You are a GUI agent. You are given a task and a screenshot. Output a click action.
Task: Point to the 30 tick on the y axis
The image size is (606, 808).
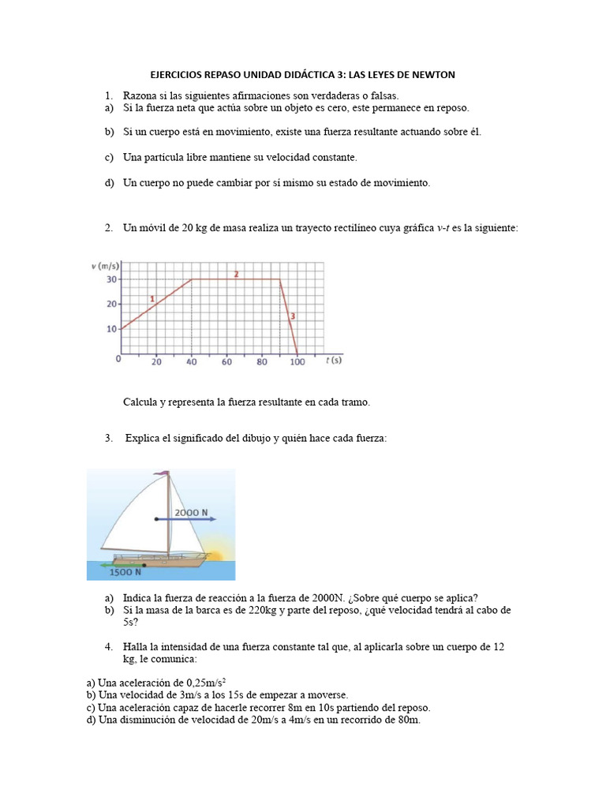(111, 279)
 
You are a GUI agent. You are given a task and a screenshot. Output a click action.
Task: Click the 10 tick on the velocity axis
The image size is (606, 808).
(111, 329)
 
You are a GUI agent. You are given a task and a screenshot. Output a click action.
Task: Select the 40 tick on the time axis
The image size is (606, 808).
(192, 363)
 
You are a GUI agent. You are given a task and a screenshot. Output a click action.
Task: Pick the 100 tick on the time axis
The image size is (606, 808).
(297, 363)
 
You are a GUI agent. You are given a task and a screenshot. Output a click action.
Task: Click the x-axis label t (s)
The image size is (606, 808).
(334, 361)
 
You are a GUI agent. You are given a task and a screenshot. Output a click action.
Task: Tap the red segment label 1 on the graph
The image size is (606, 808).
(152, 298)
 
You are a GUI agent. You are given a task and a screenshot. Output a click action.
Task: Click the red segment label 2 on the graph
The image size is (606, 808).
(236, 274)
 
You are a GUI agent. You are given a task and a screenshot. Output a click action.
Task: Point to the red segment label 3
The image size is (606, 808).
(292, 316)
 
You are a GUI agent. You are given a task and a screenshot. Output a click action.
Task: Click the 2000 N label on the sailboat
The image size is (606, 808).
(191, 512)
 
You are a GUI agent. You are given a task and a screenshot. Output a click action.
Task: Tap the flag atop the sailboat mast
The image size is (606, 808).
(162, 474)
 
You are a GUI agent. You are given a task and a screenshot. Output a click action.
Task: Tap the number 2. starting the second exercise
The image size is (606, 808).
(109, 228)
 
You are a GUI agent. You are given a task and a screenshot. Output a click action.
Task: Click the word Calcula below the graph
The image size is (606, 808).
(140, 402)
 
